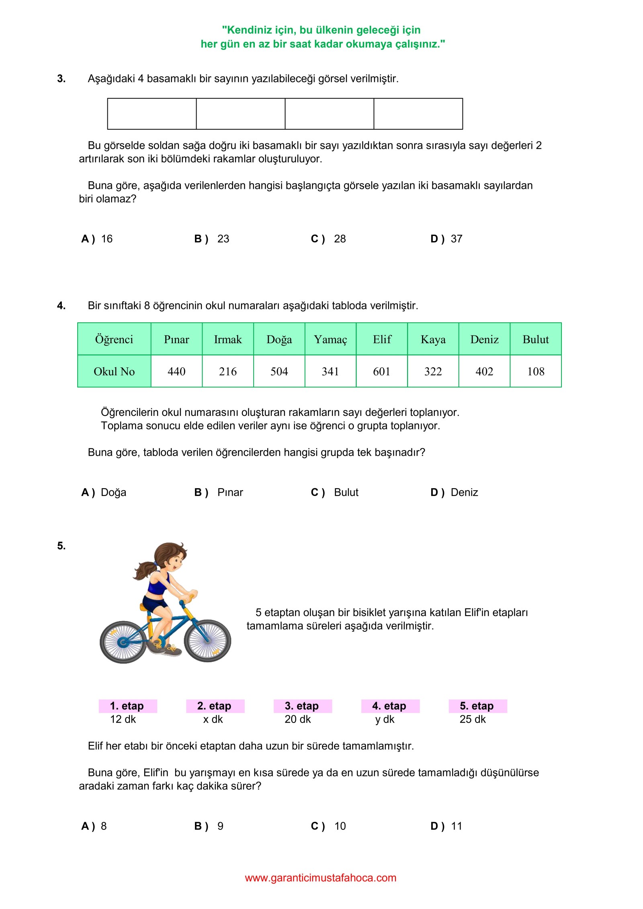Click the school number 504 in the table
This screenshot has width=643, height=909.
[279, 371]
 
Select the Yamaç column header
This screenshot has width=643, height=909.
[330, 339]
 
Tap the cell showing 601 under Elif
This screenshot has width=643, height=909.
[381, 371]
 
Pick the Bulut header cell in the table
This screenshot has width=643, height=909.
[535, 339]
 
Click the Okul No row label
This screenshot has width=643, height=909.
[114, 371]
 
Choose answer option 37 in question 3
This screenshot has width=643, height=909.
[456, 239]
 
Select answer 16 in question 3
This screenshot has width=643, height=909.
[106, 239]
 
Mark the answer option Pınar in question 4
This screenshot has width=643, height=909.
[230, 492]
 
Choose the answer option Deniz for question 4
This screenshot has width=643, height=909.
[464, 492]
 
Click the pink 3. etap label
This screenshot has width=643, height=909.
[302, 706]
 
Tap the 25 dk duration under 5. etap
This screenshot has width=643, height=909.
[473, 719]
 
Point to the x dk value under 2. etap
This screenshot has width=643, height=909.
[213, 719]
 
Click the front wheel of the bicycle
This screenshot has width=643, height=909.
[207, 641]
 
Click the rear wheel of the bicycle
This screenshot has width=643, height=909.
[123, 642]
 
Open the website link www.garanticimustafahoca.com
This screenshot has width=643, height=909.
[321, 878]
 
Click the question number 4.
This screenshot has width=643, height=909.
[61, 305]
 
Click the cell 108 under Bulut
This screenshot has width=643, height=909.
[535, 371]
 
